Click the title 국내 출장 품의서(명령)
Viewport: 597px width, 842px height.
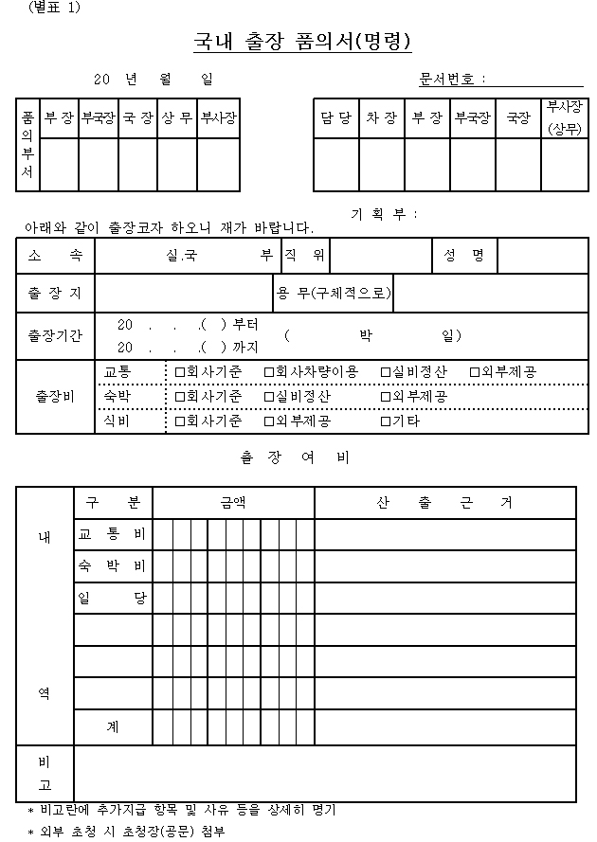point(302,42)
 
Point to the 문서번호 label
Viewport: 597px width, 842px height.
point(452,79)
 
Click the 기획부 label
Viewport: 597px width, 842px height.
point(383,214)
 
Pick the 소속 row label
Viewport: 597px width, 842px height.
point(55,255)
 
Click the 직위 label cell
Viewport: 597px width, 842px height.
point(304,255)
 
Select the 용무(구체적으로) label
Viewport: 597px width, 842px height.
point(333,294)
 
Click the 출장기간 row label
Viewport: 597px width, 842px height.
point(55,335)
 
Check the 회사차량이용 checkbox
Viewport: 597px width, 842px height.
point(268,372)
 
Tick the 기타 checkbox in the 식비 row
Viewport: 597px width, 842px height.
point(386,421)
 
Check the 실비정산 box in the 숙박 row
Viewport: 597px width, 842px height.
point(268,396)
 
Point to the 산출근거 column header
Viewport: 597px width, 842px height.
point(444,503)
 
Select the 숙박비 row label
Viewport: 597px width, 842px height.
point(113,566)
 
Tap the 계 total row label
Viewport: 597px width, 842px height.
point(113,727)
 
